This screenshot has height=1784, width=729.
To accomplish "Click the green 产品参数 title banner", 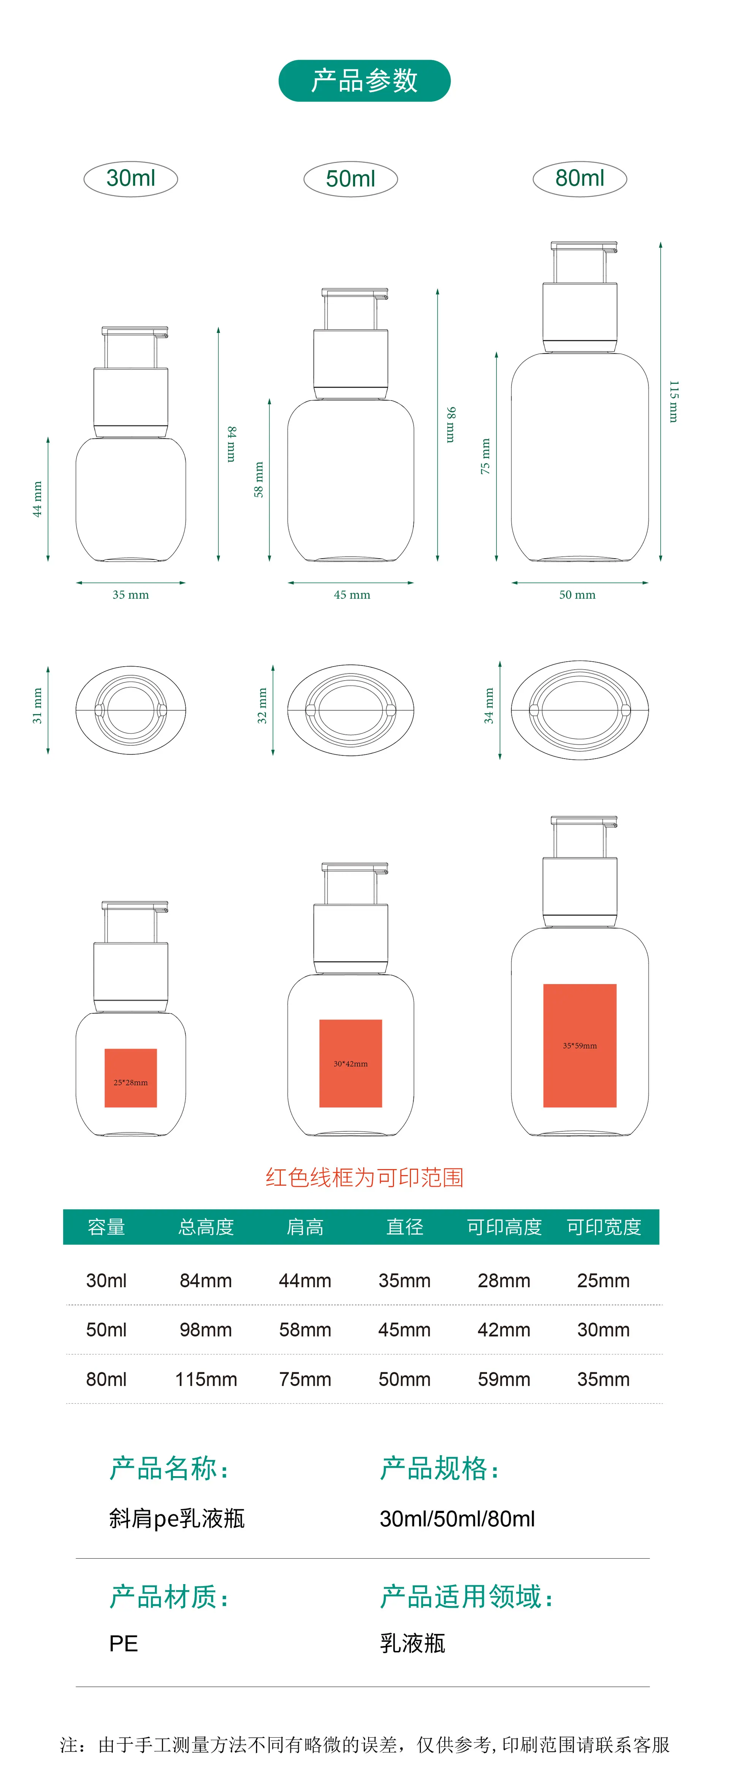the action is [x=364, y=80].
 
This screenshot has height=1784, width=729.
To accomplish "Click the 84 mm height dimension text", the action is [x=232, y=444].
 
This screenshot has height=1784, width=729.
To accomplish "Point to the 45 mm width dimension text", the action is [x=352, y=595].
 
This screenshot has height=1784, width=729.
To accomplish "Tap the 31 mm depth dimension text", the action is [x=37, y=706].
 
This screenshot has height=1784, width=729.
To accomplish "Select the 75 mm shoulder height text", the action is [x=485, y=456].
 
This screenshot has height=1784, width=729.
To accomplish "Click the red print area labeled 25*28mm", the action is [x=131, y=1077].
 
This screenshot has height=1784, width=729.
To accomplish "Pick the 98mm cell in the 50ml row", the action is [x=206, y=1330].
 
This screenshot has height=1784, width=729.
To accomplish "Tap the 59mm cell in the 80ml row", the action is [x=504, y=1379].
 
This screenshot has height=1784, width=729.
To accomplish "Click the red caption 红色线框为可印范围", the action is [x=364, y=1177].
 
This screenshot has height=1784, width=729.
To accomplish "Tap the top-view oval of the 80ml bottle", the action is [x=580, y=710].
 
